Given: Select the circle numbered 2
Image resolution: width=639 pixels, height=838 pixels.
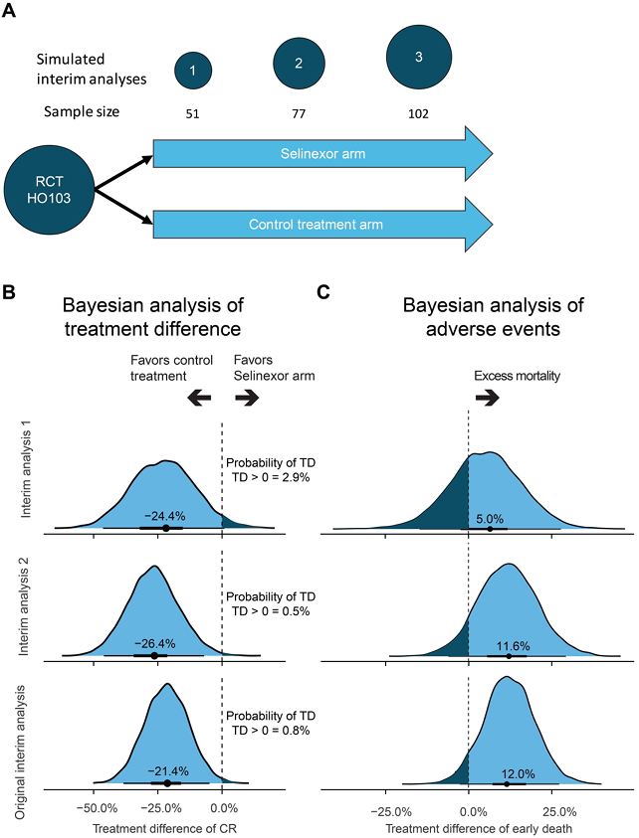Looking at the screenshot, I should click(299, 63).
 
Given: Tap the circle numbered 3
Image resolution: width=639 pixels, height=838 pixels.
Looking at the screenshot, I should click(418, 57).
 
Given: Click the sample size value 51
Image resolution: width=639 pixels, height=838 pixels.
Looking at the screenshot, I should click(192, 113).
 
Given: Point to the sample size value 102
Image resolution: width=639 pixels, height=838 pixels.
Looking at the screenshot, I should click(418, 113).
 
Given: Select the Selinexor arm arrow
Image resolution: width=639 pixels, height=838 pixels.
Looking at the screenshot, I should click(321, 154).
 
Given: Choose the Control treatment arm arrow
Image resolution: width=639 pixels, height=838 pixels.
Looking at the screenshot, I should click(321, 225).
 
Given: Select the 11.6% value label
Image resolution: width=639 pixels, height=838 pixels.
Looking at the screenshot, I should click(509, 643).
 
